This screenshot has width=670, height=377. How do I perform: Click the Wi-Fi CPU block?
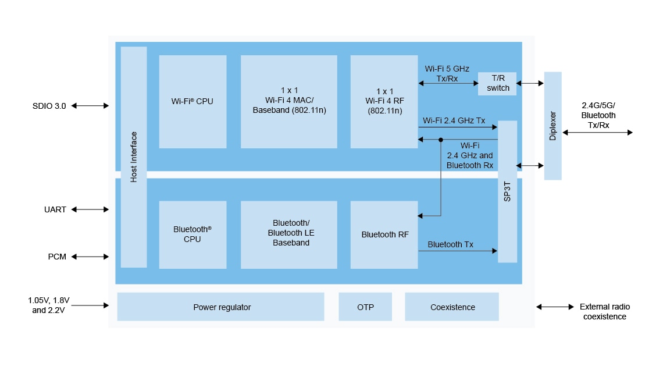193,101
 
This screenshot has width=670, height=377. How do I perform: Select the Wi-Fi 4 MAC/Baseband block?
288,101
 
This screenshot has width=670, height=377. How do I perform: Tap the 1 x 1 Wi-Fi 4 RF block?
384,101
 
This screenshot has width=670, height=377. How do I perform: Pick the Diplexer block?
553,126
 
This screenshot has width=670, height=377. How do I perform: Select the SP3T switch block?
507,191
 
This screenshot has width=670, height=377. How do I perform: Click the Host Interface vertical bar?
134,157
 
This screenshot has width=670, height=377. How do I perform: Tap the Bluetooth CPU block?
193,234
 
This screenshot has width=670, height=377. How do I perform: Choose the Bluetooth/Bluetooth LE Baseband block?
288,234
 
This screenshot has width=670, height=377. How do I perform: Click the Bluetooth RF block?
384,234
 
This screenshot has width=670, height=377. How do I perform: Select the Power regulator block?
220,307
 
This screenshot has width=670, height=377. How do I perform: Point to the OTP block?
365,307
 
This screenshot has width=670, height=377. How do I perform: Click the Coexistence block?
452,307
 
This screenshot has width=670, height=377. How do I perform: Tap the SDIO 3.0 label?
49,106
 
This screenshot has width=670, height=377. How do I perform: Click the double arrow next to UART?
90,209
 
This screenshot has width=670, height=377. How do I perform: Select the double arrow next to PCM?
90,257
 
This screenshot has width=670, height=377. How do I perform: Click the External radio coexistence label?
604,312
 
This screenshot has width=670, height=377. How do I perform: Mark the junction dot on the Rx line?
441,140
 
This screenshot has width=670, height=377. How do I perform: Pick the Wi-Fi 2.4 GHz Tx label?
454,120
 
